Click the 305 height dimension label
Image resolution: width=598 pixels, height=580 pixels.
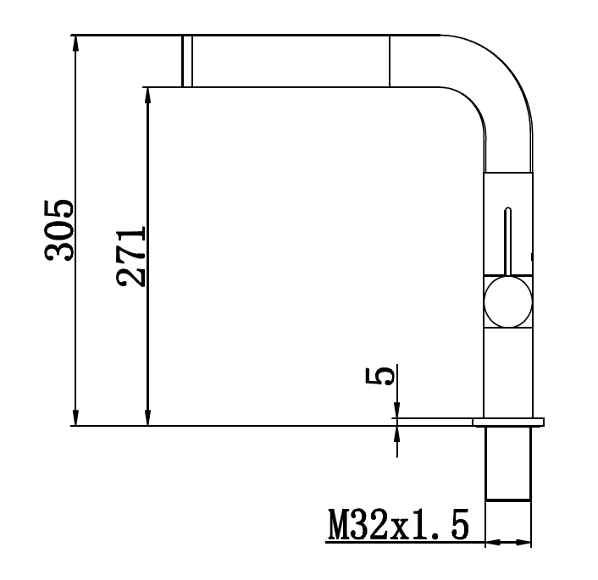point(58,230)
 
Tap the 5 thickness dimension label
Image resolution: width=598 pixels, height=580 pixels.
point(379,376)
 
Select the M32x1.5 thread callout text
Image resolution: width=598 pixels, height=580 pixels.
point(398,524)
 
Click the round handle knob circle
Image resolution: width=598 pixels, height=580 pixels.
point(507,301)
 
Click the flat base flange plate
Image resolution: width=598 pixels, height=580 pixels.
point(508,423)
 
